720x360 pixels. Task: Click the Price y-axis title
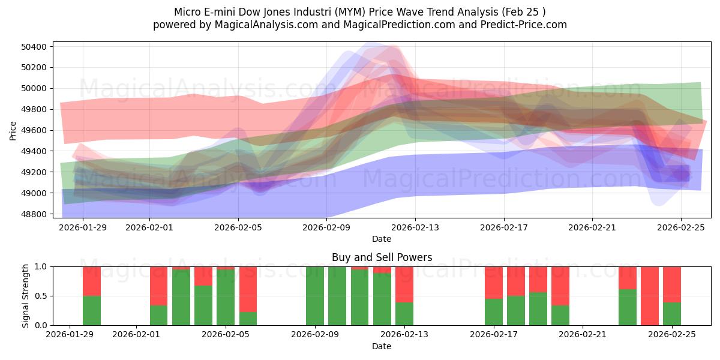tap(13, 130)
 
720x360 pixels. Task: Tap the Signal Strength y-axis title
tap(25, 296)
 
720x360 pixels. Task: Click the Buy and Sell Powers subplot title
tap(382, 257)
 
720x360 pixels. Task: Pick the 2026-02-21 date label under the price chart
tap(592, 228)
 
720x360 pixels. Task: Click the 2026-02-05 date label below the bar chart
tap(226, 335)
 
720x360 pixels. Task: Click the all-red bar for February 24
tap(650, 296)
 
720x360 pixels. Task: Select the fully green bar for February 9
tap(315, 296)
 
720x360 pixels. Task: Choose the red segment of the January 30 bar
tap(92, 281)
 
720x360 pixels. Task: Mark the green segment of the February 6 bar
tap(248, 319)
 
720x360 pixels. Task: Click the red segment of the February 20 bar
tap(560, 286)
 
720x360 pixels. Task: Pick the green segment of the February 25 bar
tap(672, 314)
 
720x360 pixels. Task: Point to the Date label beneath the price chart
tap(382, 239)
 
